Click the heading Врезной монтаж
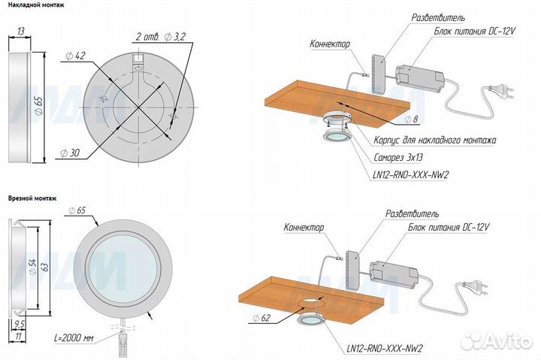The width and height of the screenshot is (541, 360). point(32,198)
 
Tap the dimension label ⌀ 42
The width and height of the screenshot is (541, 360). point(75,56)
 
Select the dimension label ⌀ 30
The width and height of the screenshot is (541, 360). point(70,153)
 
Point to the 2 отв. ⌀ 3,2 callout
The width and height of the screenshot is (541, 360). point(161,37)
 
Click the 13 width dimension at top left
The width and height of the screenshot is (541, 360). point(21,32)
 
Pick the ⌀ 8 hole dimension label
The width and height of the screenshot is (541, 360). point(411,119)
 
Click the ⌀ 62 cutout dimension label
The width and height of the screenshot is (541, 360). point(261,318)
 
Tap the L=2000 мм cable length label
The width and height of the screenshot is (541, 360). point(74,338)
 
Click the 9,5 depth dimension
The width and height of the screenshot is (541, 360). point(20,325)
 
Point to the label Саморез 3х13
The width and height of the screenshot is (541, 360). point(398,158)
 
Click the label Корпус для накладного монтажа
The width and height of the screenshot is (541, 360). point(435,140)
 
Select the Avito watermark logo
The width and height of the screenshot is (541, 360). point(497,340)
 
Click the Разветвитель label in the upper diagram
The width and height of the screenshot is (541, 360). point(438,17)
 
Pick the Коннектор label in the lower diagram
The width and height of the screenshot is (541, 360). point(304,228)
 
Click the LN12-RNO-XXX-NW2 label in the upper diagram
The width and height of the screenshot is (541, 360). point(410,175)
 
